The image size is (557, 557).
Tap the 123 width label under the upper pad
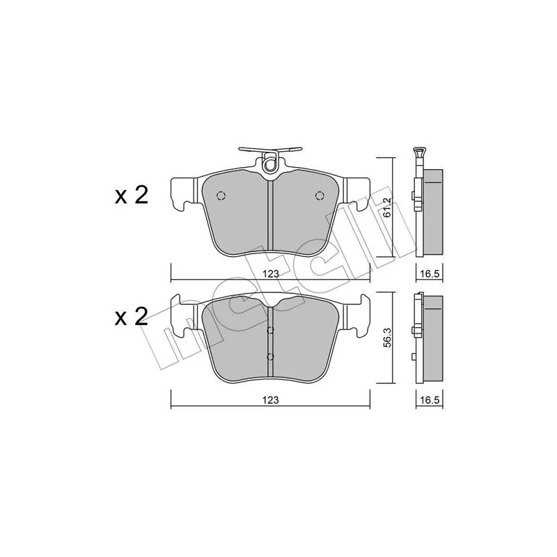tap(270, 274)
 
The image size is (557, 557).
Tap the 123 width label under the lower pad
tap(270, 400)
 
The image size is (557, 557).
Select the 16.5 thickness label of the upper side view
tap(430, 274)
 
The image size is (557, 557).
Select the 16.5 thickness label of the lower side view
tap(430, 400)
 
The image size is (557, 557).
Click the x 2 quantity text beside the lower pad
tap(131, 317)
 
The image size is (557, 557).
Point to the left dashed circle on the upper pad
tap(221, 196)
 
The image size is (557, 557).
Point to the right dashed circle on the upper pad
tap(320, 196)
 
